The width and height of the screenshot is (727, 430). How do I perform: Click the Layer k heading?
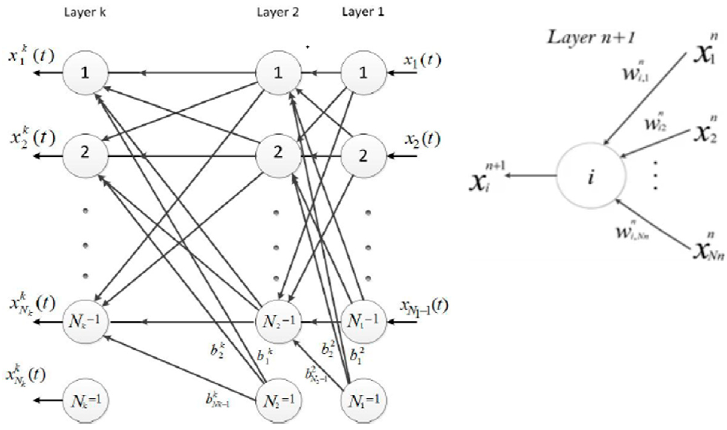pos(85,13)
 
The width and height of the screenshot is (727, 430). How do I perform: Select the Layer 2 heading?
pos(278,13)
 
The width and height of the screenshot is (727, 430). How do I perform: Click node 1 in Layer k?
pos(85,73)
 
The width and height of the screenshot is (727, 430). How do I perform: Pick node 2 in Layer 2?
pos(278,153)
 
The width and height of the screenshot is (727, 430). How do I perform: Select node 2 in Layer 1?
pos(363,156)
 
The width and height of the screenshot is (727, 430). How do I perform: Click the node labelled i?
pos(591,177)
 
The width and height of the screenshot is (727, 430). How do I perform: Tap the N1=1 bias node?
pos(363,400)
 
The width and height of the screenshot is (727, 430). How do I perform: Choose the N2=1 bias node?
pos(278,400)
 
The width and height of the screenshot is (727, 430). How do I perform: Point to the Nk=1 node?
pos(85,400)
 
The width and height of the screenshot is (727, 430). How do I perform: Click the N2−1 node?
pos(278,322)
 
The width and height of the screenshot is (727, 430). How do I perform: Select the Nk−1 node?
pos(85,322)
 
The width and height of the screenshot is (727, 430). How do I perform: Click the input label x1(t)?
pos(422,61)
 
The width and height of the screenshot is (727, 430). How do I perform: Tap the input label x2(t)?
pos(422,140)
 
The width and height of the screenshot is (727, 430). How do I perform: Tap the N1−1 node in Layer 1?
pos(363,322)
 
